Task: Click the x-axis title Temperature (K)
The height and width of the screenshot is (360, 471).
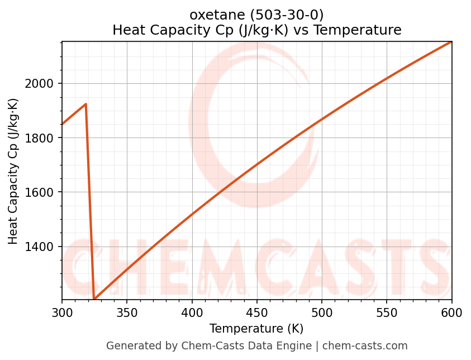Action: click(256, 329)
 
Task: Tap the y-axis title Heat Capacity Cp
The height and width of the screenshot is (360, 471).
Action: click(13, 171)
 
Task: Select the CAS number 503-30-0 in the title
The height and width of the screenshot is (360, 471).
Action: click(286, 15)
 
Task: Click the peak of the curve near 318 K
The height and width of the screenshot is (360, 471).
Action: click(85, 104)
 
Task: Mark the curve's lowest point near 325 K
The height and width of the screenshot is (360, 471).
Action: click(94, 300)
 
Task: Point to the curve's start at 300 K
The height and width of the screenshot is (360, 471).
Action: click(63, 124)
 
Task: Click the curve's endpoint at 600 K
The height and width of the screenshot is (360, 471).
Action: click(451, 41)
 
